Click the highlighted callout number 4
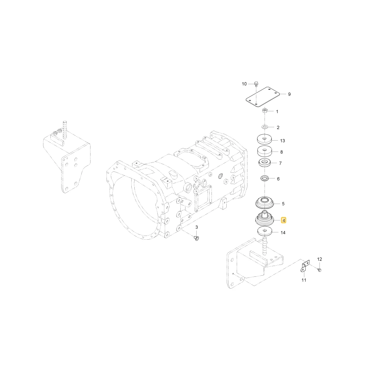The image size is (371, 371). (x=283, y=220)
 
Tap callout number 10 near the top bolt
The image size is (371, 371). (x=244, y=84)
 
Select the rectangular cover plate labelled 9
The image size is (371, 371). (x=263, y=97)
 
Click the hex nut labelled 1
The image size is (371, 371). (x=265, y=111)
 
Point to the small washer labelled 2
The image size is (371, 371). (x=265, y=127)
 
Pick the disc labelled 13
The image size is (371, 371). (x=264, y=139)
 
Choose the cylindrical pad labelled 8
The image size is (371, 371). (x=265, y=151)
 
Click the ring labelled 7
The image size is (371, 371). (x=265, y=163)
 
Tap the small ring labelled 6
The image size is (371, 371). (x=264, y=178)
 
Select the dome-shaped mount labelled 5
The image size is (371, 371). (x=265, y=203)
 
